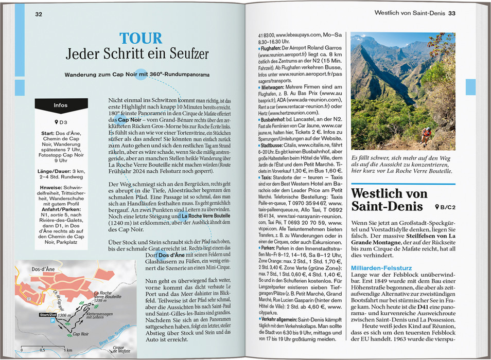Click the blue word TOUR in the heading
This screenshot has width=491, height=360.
point(141,38)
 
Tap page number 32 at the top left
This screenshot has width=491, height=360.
point(39,14)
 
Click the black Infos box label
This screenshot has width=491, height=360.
point(60,105)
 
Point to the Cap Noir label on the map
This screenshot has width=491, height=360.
point(83,335)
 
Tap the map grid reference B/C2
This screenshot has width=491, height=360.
point(445,207)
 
